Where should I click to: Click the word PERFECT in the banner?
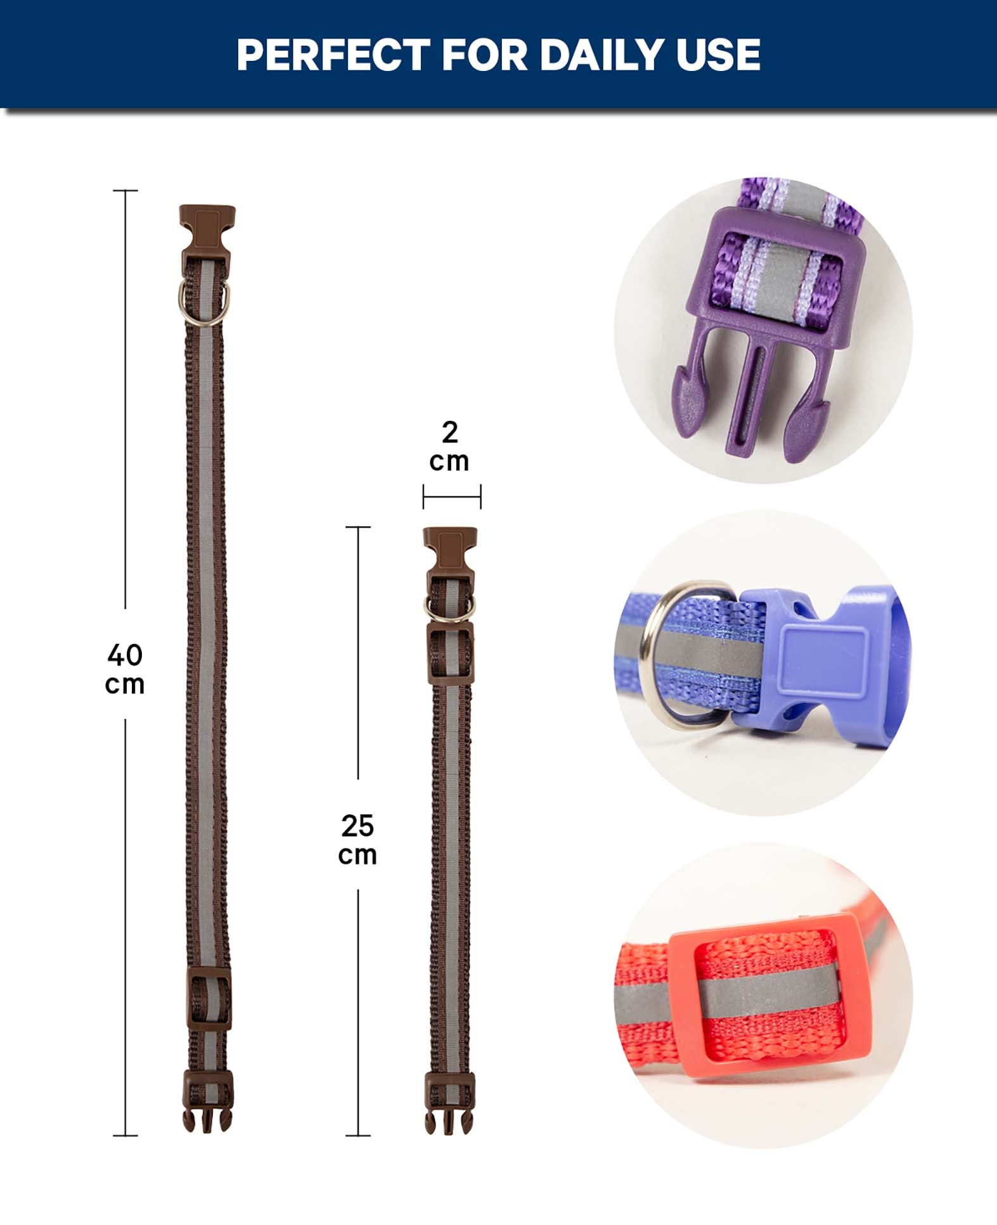[x=333, y=55]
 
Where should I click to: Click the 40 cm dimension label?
[x=125, y=669]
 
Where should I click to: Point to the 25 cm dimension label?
[x=357, y=840]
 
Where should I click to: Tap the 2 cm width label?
[x=449, y=446]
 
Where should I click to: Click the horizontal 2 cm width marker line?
[x=452, y=497]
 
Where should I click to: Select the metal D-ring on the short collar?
[x=450, y=606]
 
